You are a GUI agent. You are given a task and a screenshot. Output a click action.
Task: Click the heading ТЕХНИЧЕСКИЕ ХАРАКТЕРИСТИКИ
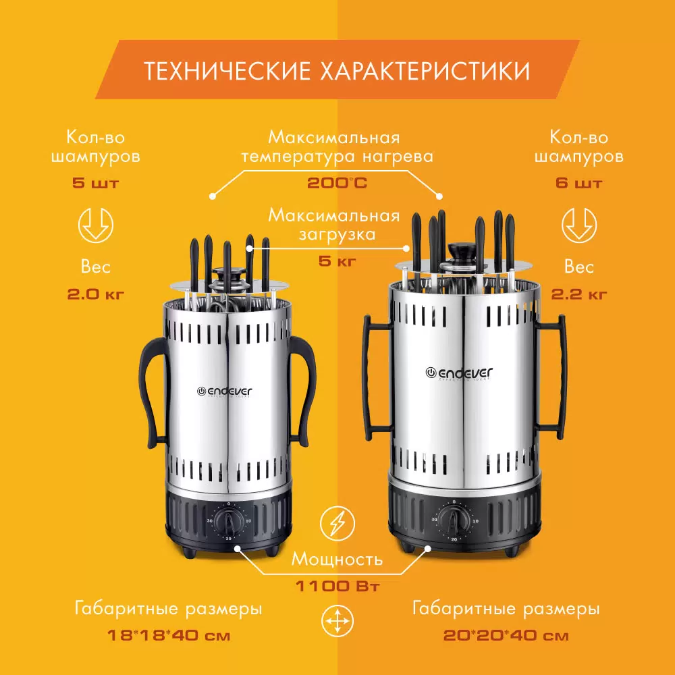click(x=337, y=71)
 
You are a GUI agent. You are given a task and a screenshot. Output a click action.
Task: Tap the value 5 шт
click(x=96, y=183)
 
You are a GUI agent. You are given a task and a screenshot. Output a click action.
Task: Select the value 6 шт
click(x=579, y=183)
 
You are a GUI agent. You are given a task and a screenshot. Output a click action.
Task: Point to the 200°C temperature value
click(x=337, y=183)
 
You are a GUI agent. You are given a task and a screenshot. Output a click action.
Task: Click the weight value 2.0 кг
click(x=96, y=294)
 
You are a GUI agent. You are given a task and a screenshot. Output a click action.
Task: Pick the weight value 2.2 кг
click(x=579, y=294)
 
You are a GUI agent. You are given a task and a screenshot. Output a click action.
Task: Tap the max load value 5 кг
click(x=337, y=261)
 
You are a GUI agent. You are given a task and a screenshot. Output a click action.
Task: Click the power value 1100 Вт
click(x=337, y=586)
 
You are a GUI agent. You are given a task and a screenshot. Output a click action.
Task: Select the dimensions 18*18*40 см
click(x=168, y=635)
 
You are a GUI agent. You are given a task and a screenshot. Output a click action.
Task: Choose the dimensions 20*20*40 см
click(x=506, y=635)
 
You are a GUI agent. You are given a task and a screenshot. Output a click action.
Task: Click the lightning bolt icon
click(x=337, y=524)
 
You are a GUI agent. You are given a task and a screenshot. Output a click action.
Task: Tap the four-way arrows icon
click(x=337, y=622)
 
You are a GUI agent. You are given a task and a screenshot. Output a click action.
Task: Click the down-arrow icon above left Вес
click(x=96, y=225)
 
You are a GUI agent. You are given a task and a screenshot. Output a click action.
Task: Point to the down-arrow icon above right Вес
click(x=579, y=225)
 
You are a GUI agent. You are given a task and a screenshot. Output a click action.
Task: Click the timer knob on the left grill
click(x=229, y=521)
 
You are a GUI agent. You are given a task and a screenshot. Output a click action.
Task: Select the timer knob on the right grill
click(x=454, y=520)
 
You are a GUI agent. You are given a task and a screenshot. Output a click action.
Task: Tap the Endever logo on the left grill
click(x=224, y=391)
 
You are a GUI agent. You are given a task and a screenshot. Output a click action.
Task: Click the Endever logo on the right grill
click(x=458, y=373)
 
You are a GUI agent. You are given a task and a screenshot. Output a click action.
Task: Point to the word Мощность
click(x=337, y=559)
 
